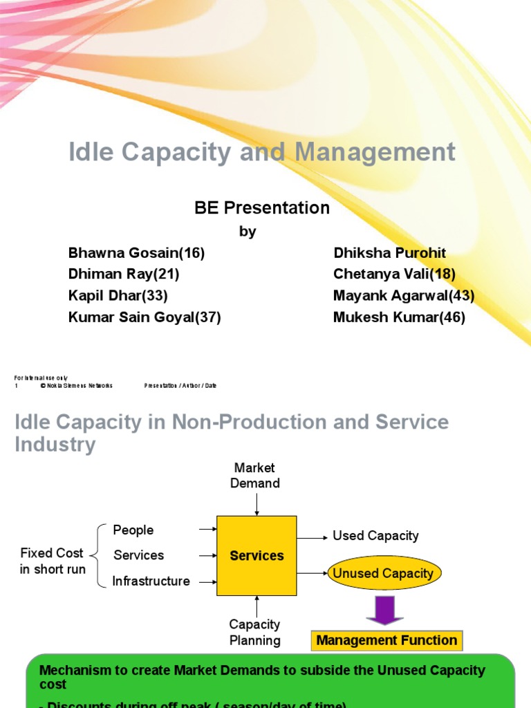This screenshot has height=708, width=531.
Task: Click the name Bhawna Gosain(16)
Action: coord(137,253)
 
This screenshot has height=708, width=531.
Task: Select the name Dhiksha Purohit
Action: coord(389,253)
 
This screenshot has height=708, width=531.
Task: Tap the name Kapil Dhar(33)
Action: coord(118,296)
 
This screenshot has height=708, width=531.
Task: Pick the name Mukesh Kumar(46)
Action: coord(399,317)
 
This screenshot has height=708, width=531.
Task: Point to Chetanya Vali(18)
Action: coord(394,274)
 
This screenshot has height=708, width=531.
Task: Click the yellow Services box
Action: coord(257,556)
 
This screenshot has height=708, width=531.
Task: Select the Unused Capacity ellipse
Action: coord(383,574)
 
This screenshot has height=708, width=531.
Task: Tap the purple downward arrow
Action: coord(384,609)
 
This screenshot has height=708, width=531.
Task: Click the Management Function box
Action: coord(386,641)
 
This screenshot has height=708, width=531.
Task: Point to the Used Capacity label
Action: coord(375,536)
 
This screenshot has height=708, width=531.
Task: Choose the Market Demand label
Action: coord(255,476)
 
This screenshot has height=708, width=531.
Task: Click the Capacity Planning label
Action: coord(255,632)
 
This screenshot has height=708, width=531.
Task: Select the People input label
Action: coord(133,530)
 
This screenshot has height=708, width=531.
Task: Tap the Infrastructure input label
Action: coord(151,581)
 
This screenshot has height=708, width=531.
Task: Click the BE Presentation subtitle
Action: coord(262,208)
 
